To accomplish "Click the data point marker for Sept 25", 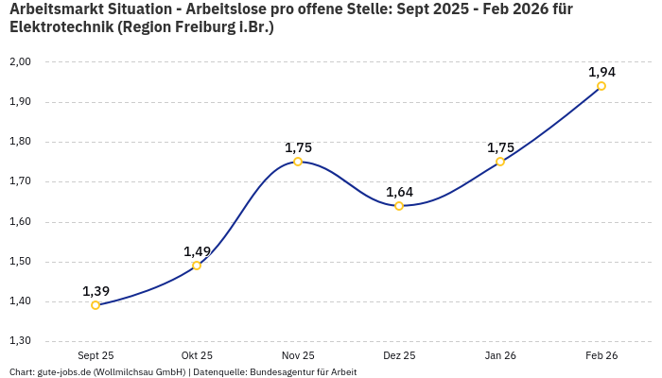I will (x=96, y=305).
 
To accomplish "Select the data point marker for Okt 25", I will (x=197, y=266).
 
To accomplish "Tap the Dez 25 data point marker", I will (x=399, y=206).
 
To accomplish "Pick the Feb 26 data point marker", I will (x=601, y=86).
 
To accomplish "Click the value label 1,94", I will (x=601, y=72).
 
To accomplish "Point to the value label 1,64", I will (x=399, y=192).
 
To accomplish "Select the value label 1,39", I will (x=96, y=291).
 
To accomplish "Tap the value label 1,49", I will (x=197, y=251).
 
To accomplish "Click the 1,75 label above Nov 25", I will (x=298, y=147).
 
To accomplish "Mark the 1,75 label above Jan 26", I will (x=500, y=147).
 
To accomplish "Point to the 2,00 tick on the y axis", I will (x=20, y=61).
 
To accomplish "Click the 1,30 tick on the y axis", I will (x=20, y=341).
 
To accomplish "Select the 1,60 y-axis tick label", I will (x=20, y=222).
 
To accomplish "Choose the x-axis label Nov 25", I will (x=298, y=355).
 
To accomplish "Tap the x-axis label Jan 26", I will (x=500, y=355).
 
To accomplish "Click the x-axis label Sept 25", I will (x=96, y=355).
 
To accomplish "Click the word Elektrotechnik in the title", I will (x=61, y=27).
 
